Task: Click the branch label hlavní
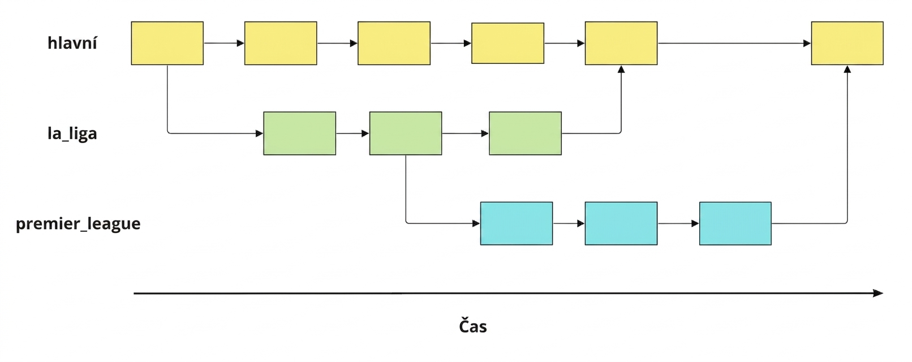[x=72, y=43]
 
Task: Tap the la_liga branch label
[x=72, y=133]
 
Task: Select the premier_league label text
[x=78, y=223]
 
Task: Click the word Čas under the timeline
[x=473, y=326]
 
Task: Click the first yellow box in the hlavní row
[x=167, y=43]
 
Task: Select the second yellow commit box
[x=281, y=43]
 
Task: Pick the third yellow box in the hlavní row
[x=394, y=43]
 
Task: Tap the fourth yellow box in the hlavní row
[x=507, y=43]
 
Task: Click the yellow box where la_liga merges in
[x=621, y=43]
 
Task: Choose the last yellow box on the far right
[x=848, y=43]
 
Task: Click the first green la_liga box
[x=300, y=133]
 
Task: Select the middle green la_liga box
[x=406, y=133]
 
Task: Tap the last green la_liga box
[x=525, y=133]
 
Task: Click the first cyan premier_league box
[x=517, y=223]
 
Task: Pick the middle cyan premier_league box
[x=621, y=223]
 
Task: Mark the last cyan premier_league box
[x=735, y=223]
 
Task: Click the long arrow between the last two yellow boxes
[x=734, y=43]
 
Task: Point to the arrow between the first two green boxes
[x=352, y=133]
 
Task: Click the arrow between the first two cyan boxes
[x=569, y=223]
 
